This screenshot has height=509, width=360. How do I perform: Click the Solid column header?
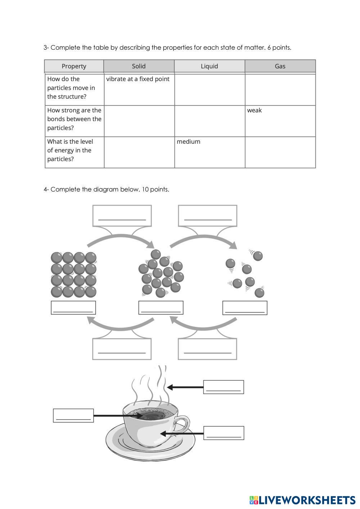tap(139, 66)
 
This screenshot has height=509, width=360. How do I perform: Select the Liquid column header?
tap(209, 66)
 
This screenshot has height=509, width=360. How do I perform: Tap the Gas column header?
tap(280, 66)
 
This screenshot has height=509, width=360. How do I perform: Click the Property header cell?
tap(74, 66)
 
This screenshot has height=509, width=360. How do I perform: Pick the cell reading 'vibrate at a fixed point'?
tap(139, 89)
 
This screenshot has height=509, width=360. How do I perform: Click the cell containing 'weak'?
tap(280, 121)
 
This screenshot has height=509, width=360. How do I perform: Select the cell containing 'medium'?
tap(210, 152)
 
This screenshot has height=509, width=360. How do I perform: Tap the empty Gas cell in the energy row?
tap(280, 152)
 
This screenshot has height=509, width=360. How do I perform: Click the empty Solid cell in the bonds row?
tap(139, 121)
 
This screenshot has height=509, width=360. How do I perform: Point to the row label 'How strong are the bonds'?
tap(74, 119)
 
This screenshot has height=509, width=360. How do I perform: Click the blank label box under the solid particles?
tap(73, 308)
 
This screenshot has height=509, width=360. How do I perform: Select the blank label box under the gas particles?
tap(245, 308)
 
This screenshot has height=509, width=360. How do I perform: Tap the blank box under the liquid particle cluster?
tap(161, 308)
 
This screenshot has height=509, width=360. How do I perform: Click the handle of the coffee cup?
tap(183, 424)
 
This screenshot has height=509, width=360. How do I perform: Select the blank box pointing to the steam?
tap(224, 387)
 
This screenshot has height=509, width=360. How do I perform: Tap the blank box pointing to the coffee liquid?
tap(73, 415)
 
